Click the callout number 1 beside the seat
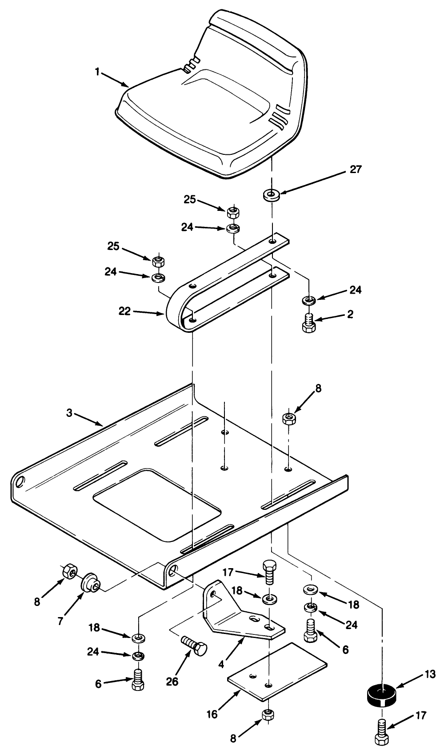(97, 72)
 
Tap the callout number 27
(356, 169)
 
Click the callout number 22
(125, 311)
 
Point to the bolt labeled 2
(309, 322)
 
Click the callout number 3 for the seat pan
(69, 413)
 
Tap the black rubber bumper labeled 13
(381, 694)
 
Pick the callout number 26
(172, 681)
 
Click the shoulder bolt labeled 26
(195, 645)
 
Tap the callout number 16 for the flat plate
(212, 714)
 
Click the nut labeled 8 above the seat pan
(289, 418)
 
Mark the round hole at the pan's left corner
(19, 482)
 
